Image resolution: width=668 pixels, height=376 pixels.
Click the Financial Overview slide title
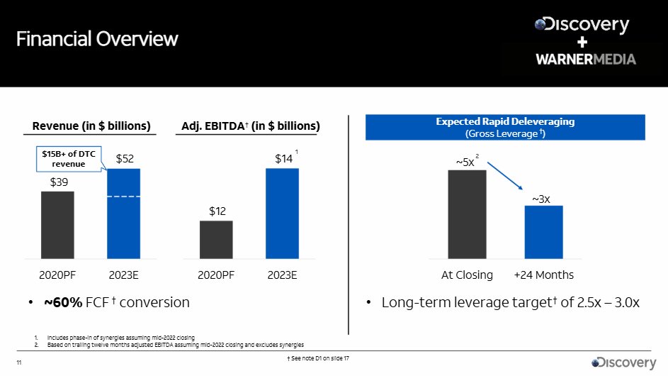click(98, 38)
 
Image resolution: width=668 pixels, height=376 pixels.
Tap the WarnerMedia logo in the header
click(585, 59)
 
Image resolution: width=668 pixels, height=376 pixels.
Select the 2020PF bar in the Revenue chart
click(57, 225)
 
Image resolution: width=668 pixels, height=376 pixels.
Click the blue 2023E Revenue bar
click(123, 214)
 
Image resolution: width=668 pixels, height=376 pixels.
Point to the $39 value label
click(58, 182)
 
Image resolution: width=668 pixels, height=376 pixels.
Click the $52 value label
click(125, 160)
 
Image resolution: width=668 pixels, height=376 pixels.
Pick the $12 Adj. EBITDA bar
click(216, 240)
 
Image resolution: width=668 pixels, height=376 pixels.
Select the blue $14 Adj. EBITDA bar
click(282, 214)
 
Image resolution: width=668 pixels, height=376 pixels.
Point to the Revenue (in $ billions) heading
click(91, 126)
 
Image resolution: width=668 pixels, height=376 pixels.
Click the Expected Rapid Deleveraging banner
click(505, 127)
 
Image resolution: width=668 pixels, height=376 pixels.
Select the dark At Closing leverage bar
click(467, 214)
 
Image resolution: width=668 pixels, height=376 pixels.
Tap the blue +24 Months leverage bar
click(543, 232)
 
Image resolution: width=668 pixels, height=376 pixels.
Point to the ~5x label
click(465, 162)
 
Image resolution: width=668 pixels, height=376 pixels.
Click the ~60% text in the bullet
click(63, 303)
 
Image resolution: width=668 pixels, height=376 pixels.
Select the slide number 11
click(19, 364)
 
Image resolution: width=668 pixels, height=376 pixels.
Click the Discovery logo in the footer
click(624, 363)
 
